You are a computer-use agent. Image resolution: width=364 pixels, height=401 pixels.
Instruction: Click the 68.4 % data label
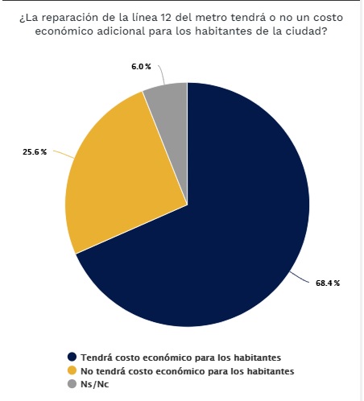[x=328, y=283]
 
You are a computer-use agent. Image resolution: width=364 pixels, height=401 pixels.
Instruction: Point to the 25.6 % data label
[x=35, y=152]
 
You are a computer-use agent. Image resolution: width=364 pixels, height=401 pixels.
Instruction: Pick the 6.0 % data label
[x=141, y=67]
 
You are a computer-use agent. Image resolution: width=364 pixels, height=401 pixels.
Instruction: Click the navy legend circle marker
[x=72, y=357]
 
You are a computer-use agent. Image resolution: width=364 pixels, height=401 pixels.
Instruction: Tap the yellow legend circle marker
[x=72, y=370]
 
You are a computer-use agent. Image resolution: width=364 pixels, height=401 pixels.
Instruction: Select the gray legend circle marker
[x=72, y=384]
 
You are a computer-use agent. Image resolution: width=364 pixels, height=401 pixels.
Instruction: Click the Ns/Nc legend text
[x=95, y=384]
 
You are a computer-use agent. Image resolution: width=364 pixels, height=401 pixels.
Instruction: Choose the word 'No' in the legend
[x=87, y=371]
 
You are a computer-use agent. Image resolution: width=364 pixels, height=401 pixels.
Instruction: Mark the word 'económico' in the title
[x=64, y=31]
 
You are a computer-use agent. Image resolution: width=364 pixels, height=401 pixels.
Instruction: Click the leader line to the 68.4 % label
[x=300, y=277]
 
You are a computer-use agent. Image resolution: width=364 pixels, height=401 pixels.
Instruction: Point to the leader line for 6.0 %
[x=162, y=74]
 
